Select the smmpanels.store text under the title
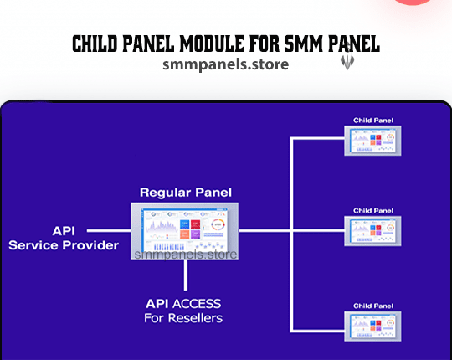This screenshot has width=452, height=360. (226, 64)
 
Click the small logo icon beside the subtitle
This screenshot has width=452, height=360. (347, 62)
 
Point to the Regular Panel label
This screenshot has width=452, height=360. (186, 193)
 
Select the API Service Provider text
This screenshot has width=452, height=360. (63, 237)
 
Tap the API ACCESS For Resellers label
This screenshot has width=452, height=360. (185, 311)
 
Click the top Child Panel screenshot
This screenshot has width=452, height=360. (373, 140)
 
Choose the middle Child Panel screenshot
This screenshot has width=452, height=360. (373, 230)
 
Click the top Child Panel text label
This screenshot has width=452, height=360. (373, 121)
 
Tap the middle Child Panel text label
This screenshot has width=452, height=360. (373, 210)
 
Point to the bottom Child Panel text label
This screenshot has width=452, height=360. (373, 306)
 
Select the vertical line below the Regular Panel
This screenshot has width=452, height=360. (185, 276)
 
